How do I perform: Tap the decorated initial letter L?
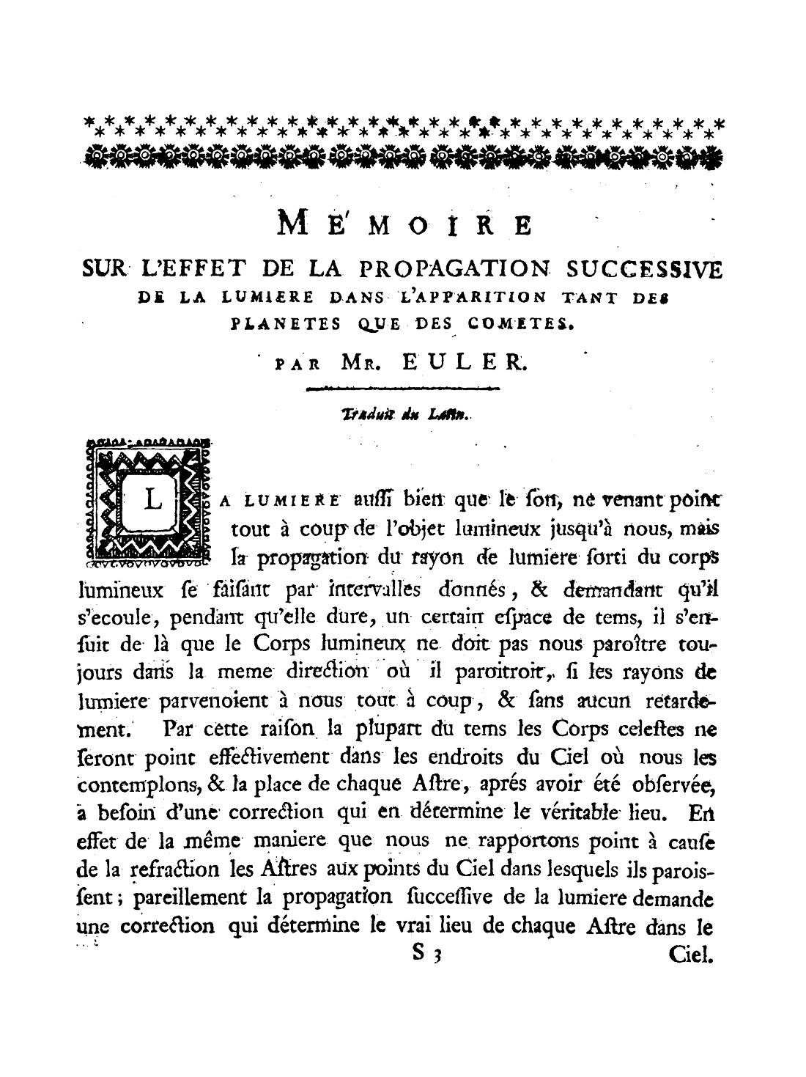pos(153,500)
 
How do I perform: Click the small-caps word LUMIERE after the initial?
pos(292,501)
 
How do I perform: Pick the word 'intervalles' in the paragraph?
pos(374,588)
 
